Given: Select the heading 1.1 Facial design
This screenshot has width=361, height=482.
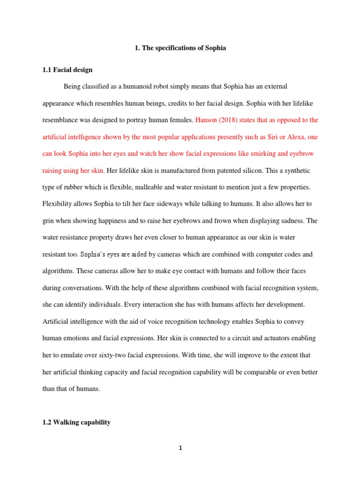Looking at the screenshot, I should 67,70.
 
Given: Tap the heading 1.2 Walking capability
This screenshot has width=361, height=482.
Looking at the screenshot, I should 77,422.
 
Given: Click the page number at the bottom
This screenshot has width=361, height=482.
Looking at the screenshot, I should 180,448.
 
